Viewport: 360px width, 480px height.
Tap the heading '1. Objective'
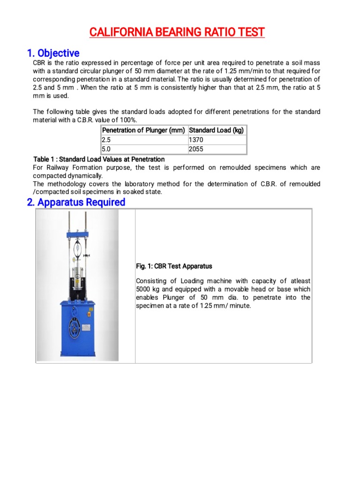click(x=56, y=53)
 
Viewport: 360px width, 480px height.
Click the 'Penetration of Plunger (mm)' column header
click(x=143, y=130)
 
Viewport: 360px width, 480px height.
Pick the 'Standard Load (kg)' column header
click(x=216, y=130)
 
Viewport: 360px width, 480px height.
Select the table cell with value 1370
click(x=196, y=140)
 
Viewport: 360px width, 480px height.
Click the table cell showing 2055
click(x=196, y=149)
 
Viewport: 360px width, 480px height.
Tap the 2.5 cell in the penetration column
click(x=106, y=140)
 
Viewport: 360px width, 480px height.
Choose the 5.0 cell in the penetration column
click(x=106, y=149)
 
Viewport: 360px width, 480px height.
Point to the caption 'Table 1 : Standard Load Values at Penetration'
click(x=99, y=159)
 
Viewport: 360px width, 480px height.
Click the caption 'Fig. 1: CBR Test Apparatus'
click(x=173, y=266)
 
